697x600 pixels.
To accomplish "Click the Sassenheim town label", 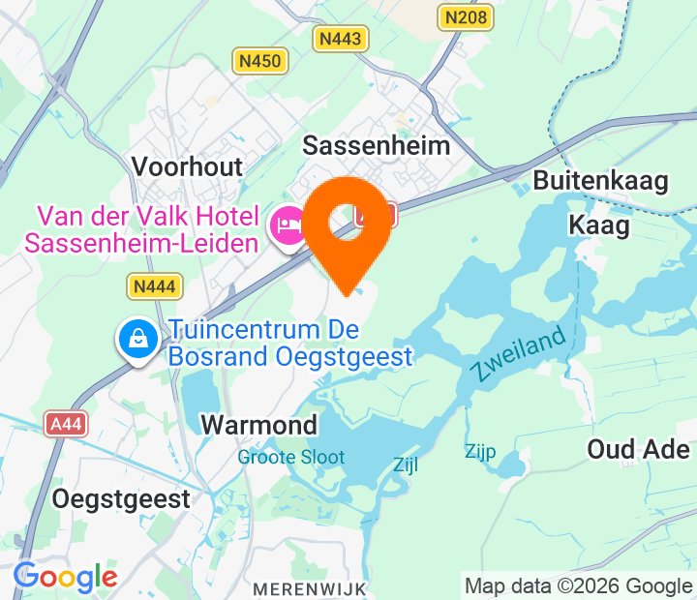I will point(377,146).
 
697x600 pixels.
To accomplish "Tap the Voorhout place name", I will point(187,165).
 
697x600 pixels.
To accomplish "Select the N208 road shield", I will point(465,16).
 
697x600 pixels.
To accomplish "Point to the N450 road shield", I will point(259,62).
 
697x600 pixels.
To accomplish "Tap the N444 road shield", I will point(154,285).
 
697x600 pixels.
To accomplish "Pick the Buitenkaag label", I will point(600,182).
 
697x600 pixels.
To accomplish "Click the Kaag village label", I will point(598,225).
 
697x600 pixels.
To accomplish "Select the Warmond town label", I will point(258,425).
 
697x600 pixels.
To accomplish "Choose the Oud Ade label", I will point(638,449).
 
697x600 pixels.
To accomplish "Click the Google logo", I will point(65,578).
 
